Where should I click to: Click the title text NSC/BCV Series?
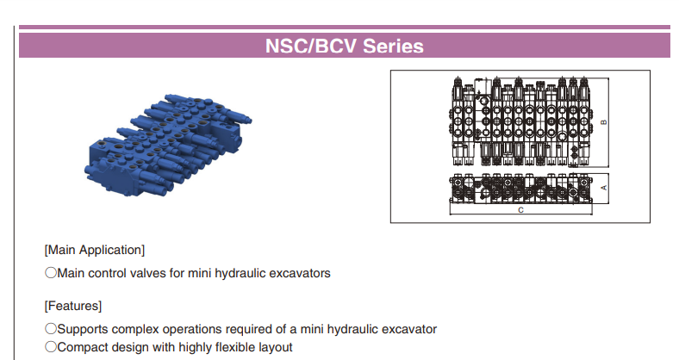(x=345, y=46)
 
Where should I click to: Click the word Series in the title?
(x=393, y=46)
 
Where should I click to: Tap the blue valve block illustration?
(x=168, y=145)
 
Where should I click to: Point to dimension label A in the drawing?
(x=604, y=188)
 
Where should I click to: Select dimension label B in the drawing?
(x=604, y=122)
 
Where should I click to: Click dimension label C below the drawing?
(x=521, y=210)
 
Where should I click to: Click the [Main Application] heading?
(x=95, y=250)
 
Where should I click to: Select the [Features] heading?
(x=72, y=306)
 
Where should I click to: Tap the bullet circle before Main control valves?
(x=51, y=273)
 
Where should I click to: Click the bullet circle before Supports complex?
(x=51, y=329)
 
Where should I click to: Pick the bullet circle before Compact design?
(x=51, y=346)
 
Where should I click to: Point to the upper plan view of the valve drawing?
(x=521, y=122)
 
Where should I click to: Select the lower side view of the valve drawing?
(x=521, y=189)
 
